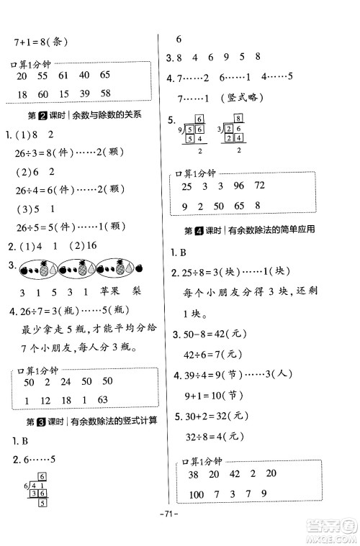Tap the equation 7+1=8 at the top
point(46,42)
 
